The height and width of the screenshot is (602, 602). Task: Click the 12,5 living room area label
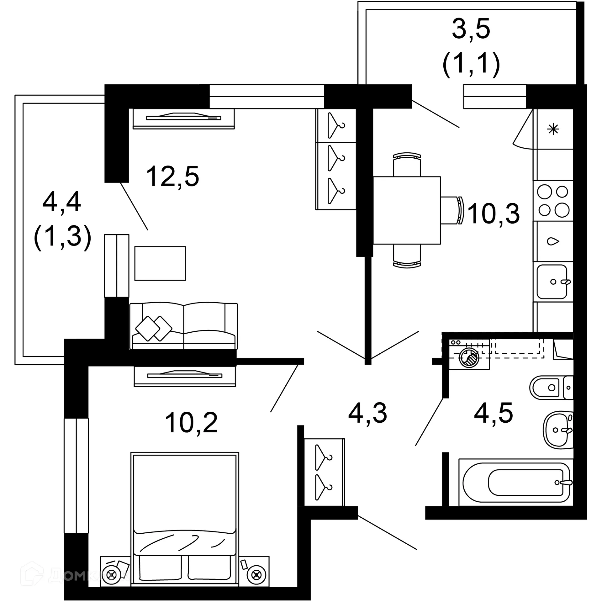172,177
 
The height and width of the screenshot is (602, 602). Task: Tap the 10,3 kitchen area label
494,214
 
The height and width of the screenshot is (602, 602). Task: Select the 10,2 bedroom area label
191,423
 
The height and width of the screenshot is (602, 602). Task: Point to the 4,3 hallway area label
367,413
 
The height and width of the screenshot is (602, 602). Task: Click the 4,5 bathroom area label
493,413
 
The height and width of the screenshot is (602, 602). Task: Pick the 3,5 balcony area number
471,29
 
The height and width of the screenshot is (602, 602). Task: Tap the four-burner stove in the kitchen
553,201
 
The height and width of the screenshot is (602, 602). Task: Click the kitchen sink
552,282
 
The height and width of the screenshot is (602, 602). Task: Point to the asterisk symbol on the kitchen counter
553,129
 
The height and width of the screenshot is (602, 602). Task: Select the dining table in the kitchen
407,210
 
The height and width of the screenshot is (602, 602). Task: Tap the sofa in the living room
184,326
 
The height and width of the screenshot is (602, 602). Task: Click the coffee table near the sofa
160,263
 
